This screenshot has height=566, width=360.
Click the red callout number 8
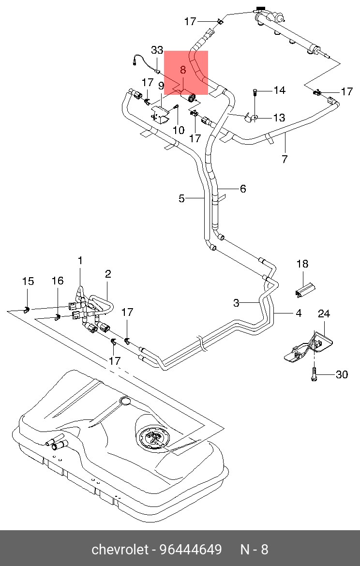183,70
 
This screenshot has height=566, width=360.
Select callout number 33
157,50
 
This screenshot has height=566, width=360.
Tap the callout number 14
280,90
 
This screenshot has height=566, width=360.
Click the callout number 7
285,159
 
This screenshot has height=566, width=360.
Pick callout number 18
302,264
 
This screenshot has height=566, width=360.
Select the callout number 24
324,313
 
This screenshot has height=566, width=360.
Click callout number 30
342,375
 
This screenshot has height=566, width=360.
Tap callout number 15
28,281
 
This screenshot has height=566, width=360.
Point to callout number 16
58,281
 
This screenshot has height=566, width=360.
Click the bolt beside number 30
314,374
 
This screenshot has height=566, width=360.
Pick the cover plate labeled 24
309,346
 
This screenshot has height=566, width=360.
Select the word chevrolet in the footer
120,550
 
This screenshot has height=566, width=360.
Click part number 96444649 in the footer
191,550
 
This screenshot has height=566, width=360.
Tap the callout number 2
108,274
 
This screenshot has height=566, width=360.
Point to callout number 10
179,130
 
